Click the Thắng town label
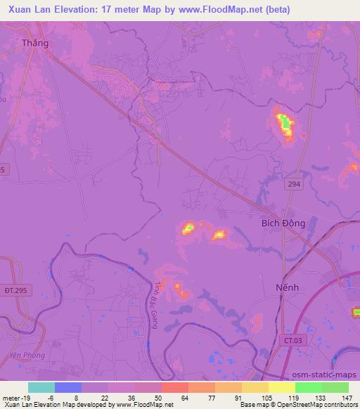click(x=36, y=43)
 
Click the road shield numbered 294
click(x=294, y=183)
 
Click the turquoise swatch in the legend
click(x=41, y=387)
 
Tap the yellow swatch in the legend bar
click(x=281, y=387)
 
